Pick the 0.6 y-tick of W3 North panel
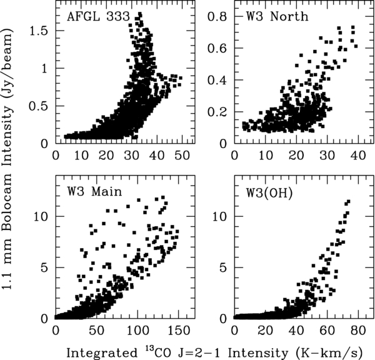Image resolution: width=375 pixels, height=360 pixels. click(218, 49)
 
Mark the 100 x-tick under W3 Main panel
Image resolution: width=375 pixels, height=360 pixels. click(131, 330)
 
